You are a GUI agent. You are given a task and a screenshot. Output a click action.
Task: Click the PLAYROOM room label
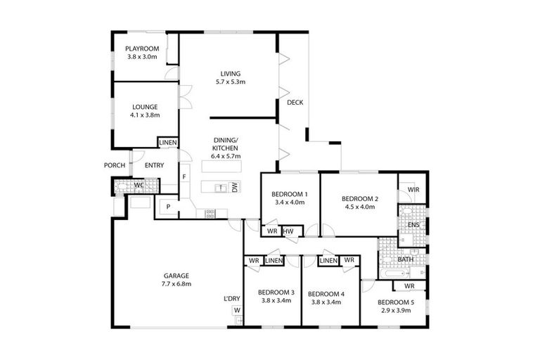pos(142,49)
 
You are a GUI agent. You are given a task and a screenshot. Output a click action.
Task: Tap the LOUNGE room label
pos(144,107)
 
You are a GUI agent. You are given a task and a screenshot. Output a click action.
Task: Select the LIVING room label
pos(230,73)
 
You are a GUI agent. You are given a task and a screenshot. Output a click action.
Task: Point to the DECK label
pos(295,103)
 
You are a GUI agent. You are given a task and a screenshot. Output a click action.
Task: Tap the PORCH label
pos(115,165)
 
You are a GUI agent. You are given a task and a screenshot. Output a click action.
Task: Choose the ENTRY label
pos(154,165)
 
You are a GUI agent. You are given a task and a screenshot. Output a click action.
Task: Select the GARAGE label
pos(176,276)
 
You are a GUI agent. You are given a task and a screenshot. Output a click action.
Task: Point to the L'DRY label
pos(232,299)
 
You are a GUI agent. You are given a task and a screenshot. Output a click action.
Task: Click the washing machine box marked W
pos(237,310)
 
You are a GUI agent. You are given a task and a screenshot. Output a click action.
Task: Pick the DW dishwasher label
pos(235,187)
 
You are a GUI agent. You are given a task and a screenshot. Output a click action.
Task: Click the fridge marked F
pos(184,176)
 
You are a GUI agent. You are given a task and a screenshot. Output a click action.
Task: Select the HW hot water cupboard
pos(289,231)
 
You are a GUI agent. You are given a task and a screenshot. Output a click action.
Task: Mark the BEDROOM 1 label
pos(290,193)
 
